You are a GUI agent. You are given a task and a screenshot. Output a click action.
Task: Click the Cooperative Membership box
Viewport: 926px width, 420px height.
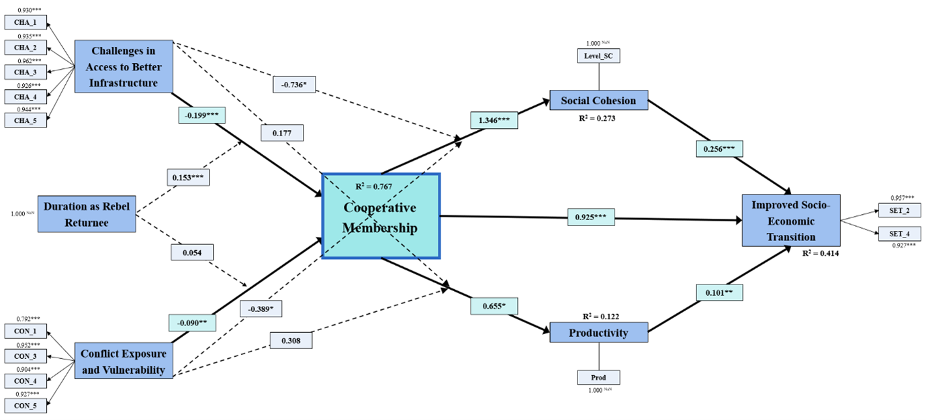[x=381, y=216]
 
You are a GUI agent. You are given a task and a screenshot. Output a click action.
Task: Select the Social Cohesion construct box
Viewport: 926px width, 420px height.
[x=598, y=101]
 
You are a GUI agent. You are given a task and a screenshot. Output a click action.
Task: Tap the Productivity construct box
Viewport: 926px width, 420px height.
[x=598, y=333]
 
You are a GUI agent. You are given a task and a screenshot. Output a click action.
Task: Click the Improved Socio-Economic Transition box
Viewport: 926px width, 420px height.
[x=790, y=221]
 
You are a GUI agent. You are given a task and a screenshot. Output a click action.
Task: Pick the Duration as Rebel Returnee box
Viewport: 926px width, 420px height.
[x=86, y=214]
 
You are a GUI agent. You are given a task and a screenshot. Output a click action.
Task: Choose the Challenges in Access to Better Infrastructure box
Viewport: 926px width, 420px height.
[x=124, y=66]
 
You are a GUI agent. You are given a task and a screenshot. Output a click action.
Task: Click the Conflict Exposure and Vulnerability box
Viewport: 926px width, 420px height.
[x=124, y=360]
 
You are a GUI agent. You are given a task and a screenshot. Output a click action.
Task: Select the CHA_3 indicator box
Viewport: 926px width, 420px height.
[x=26, y=72]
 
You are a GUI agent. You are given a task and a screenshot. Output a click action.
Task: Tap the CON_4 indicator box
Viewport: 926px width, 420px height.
[x=26, y=380]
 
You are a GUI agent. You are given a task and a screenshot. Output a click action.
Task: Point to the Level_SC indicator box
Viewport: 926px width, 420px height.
[x=598, y=56]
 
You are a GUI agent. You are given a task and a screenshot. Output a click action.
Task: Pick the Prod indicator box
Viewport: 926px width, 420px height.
[x=598, y=377]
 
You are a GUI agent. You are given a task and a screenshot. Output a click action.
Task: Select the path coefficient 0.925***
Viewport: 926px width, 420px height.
[x=590, y=217]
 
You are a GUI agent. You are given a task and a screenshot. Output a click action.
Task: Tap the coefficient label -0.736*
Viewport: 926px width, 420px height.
[x=295, y=84]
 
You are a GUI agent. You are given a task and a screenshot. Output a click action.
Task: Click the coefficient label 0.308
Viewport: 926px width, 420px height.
[x=291, y=340]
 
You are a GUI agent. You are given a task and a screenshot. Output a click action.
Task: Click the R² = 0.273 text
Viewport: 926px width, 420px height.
[x=597, y=118]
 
